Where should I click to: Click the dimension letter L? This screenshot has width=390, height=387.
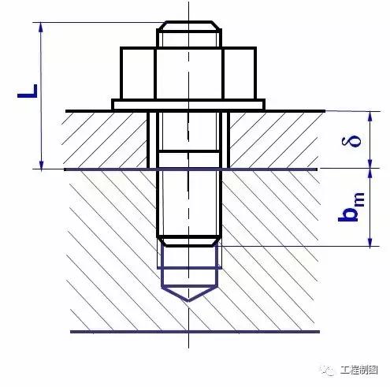point(28,91)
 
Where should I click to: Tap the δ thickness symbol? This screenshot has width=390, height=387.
point(351,140)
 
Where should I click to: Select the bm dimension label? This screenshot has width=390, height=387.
point(351,207)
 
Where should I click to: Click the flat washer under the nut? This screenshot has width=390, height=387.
point(188,104)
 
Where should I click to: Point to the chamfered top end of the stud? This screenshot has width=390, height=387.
point(189,26)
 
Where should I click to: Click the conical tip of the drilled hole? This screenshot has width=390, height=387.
point(189,293)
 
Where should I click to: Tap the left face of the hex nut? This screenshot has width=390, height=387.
point(138,73)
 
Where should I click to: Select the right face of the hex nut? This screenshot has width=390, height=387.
point(240,73)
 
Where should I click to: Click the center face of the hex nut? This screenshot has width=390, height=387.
point(189,73)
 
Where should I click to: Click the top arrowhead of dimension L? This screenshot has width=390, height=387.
point(41,27)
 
